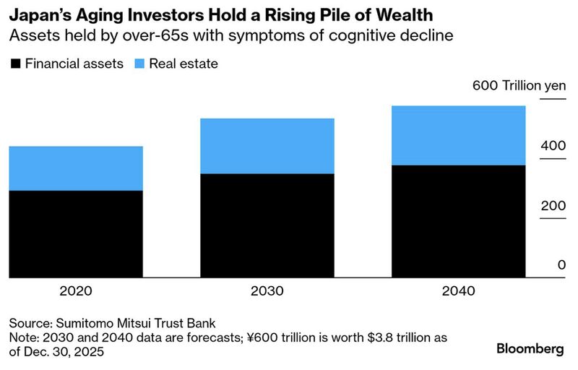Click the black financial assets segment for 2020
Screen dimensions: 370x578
(x=76, y=234)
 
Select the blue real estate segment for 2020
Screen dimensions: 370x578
(x=76, y=168)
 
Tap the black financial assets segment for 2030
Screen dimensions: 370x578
(x=267, y=225)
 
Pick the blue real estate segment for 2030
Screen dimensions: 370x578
(x=267, y=146)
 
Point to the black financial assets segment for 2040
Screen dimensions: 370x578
(x=458, y=221)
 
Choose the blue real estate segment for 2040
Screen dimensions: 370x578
(x=458, y=136)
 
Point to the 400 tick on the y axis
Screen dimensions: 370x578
(x=553, y=145)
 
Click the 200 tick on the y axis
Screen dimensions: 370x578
(x=553, y=205)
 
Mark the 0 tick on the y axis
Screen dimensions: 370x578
(x=561, y=265)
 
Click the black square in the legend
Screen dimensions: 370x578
(x=15, y=64)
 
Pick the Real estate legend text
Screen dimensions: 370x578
(x=184, y=64)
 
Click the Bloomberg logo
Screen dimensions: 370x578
(x=530, y=348)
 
